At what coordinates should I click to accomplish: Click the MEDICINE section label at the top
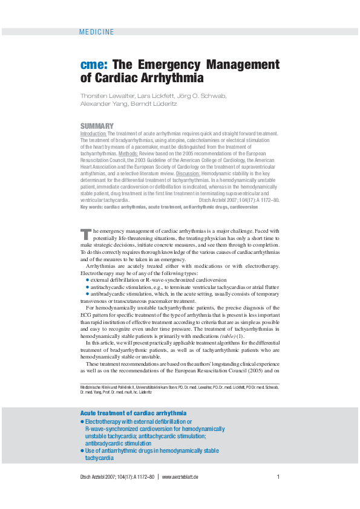96,32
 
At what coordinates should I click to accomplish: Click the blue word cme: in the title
94,65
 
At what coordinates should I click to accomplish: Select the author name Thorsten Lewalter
103,96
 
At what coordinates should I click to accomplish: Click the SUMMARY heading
93,126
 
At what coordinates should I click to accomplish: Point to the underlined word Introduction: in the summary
93,133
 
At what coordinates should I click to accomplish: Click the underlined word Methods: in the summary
128,154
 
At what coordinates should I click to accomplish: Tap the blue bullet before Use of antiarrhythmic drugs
82,451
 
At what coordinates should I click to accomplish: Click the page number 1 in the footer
278,478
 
